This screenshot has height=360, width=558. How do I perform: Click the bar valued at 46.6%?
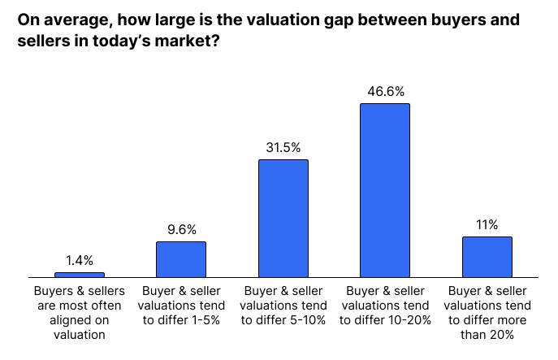pyautogui.click(x=385, y=191)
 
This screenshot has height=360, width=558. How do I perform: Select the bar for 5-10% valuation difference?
pyautogui.click(x=283, y=219)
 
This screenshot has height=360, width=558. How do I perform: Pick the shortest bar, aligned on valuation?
pyautogui.click(x=79, y=275)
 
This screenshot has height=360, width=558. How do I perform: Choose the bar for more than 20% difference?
pyautogui.click(x=487, y=258)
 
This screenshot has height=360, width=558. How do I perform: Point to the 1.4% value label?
pyautogui.click(x=80, y=261)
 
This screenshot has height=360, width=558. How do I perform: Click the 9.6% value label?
pyautogui.click(x=181, y=230)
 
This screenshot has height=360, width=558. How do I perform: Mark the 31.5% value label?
pyautogui.click(x=283, y=148)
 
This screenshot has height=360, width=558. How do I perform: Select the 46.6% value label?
pyautogui.click(x=385, y=92)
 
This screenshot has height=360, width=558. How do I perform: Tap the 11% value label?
pyautogui.click(x=487, y=225)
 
